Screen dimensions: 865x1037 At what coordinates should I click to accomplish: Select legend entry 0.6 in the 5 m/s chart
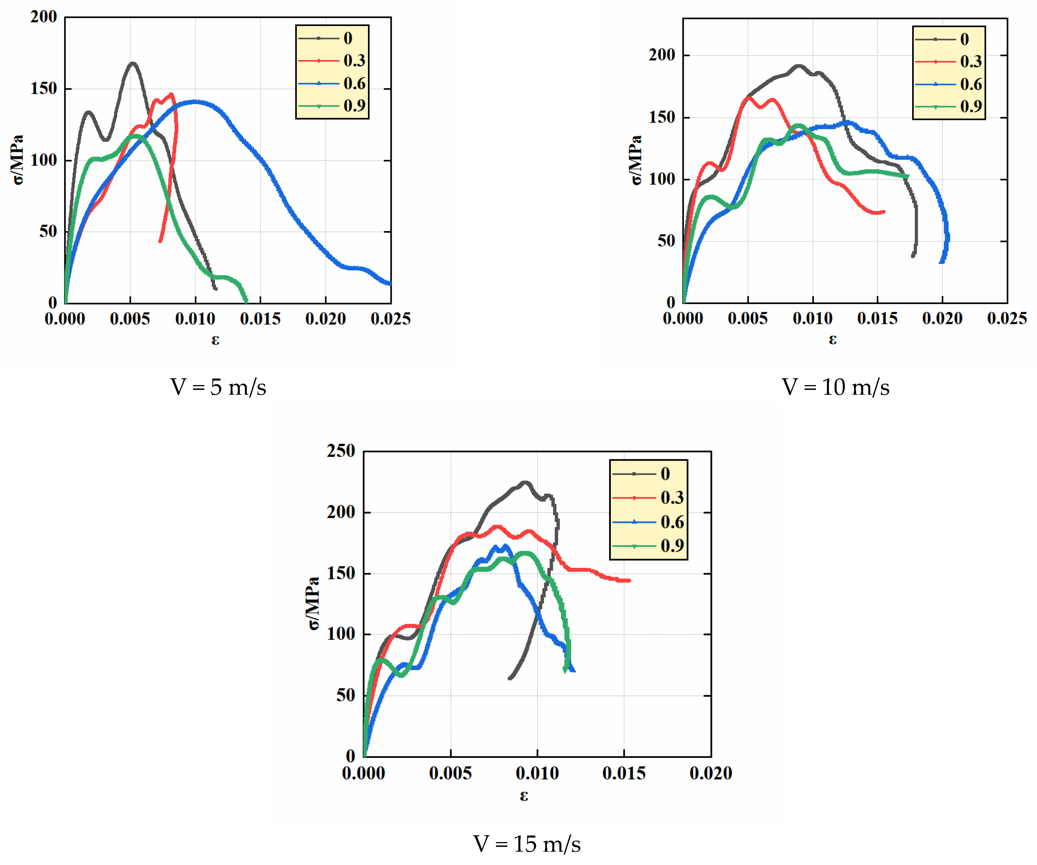pos(354,83)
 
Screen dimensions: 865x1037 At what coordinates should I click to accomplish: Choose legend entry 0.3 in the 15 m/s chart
pos(672,497)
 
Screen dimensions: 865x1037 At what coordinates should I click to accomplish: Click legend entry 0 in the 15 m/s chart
pos(665,474)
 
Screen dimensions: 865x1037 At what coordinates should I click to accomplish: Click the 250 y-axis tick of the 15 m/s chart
pos(341,451)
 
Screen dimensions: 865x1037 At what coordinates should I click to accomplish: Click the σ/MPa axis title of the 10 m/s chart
pos(636,160)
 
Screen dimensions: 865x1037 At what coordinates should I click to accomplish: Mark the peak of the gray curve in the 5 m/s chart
pos(132,63)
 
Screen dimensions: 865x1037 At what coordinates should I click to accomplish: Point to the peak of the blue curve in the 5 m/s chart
pos(196,102)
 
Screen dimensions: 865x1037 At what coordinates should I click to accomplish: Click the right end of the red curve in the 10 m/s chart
pos(884,212)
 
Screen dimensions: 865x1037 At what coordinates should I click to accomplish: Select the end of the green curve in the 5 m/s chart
pos(246,301)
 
